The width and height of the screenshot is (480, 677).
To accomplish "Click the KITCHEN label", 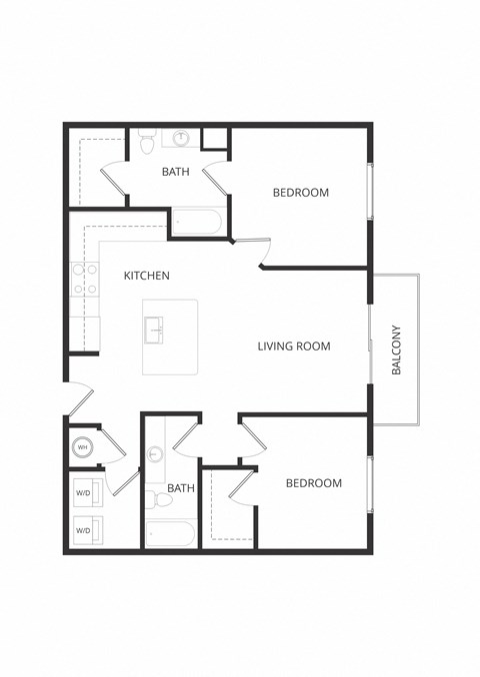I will pyautogui.click(x=146, y=275).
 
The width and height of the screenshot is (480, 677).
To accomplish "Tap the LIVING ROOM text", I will pyautogui.click(x=293, y=346).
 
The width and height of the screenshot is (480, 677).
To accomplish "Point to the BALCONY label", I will pyautogui.click(x=396, y=349).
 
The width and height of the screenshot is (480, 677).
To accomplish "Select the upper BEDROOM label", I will pyautogui.click(x=300, y=193).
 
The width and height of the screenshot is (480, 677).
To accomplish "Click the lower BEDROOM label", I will pyautogui.click(x=313, y=483).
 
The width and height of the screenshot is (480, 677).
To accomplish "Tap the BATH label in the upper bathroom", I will pyautogui.click(x=176, y=172).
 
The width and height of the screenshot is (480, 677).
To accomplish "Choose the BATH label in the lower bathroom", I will pyautogui.click(x=181, y=488).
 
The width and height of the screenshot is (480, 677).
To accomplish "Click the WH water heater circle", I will pyautogui.click(x=83, y=448).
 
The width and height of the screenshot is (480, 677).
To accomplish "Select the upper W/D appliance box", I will pyautogui.click(x=84, y=492).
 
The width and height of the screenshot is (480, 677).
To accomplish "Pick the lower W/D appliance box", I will pyautogui.click(x=84, y=530).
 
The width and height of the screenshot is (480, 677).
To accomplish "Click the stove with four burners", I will pyautogui.click(x=84, y=279).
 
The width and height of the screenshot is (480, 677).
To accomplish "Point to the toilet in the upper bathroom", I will pyautogui.click(x=147, y=144).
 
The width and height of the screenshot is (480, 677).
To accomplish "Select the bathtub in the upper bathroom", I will pyautogui.click(x=197, y=222).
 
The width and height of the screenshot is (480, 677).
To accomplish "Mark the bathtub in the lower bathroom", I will pyautogui.click(x=170, y=533).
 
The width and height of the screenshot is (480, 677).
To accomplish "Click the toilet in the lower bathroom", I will pyautogui.click(x=151, y=496).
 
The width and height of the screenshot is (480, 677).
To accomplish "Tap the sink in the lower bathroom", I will pyautogui.click(x=155, y=454).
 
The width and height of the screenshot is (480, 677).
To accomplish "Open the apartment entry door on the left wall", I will pyautogui.click(x=78, y=401).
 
